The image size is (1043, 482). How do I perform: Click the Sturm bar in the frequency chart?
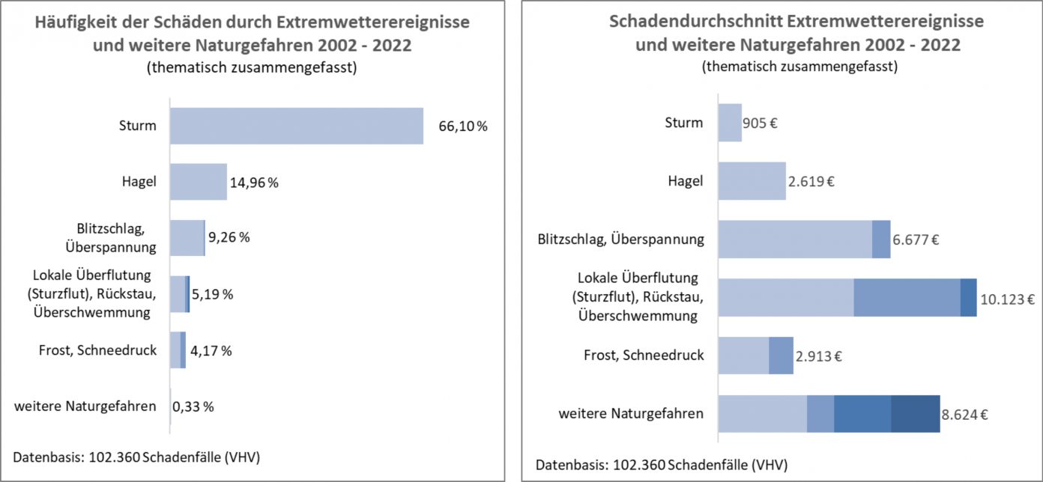[x=296, y=126]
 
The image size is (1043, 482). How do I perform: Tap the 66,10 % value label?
[x=462, y=126]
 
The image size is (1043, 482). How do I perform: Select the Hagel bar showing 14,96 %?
[x=198, y=182]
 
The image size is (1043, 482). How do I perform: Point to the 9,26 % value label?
[x=229, y=238]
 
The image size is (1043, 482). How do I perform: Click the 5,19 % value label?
[x=212, y=294]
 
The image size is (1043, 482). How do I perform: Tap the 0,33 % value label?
[x=193, y=407]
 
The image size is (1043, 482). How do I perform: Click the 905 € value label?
[x=760, y=123]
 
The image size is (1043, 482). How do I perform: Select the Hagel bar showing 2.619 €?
[x=752, y=181]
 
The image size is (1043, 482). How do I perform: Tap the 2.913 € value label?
[x=819, y=356]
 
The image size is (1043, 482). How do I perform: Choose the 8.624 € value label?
[x=966, y=414]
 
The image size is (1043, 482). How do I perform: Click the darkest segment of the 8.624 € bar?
[x=915, y=414]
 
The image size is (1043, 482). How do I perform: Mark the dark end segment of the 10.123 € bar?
[x=968, y=297]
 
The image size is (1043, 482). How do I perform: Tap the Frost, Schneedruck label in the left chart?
[x=97, y=350]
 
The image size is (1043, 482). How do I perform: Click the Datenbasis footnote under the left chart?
[x=137, y=456]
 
